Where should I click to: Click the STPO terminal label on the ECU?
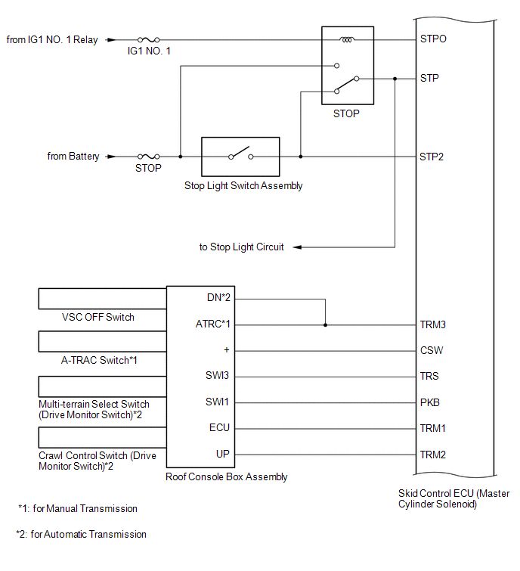(433, 39)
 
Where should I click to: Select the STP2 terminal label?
(432, 157)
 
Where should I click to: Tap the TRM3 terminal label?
(432, 324)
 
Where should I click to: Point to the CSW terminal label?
(432, 350)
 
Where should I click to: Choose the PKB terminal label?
(430, 402)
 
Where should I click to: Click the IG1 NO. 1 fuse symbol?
(148, 39)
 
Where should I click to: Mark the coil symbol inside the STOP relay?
(347, 39)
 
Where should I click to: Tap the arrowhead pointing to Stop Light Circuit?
(297, 247)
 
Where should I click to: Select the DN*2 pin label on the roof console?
(218, 297)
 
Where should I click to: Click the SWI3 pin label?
(217, 375)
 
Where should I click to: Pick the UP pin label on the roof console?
(223, 454)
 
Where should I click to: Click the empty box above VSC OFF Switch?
(103, 299)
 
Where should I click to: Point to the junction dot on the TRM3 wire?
(325, 325)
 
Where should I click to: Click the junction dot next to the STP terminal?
(395, 79)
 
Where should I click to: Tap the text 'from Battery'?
(73, 157)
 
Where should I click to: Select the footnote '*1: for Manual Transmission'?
(78, 508)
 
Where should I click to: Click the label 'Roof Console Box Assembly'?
(226, 476)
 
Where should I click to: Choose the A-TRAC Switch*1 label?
(99, 360)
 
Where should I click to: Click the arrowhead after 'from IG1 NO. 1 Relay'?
(111, 39)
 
